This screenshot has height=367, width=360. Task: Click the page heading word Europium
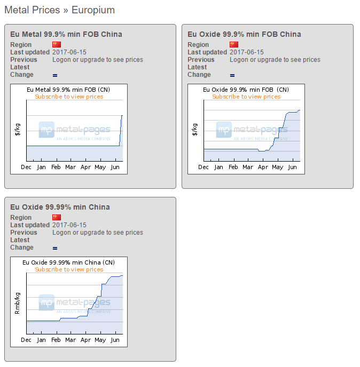coord(93,10)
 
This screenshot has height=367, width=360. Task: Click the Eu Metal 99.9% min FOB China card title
coord(66,34)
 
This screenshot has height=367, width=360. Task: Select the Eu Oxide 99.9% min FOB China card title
coord(244,34)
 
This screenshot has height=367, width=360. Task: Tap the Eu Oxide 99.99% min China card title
coord(60,207)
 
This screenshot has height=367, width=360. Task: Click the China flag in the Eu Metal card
coord(57,44)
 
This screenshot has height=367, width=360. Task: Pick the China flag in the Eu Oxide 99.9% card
coord(234,44)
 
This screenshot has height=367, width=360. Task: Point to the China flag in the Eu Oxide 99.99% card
coord(57,217)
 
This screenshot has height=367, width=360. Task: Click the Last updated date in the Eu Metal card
coord(69,52)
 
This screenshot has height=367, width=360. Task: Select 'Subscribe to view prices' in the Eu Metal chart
coord(69,97)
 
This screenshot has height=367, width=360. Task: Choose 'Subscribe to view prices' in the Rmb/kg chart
coord(69,269)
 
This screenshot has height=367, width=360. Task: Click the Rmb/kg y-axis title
coord(17,303)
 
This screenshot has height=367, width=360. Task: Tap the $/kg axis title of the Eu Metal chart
coord(17,129)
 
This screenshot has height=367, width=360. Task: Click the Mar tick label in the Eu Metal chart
coord(71,167)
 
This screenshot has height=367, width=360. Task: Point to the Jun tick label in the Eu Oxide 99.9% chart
coord(292,167)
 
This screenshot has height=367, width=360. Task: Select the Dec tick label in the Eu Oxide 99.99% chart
coord(26,340)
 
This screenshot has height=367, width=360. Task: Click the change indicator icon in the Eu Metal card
coord(55,75)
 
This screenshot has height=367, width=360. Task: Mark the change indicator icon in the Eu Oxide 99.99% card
coord(55,248)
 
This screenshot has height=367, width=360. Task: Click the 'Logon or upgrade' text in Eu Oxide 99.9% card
coord(275,60)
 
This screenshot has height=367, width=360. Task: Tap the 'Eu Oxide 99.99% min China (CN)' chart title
coord(68,262)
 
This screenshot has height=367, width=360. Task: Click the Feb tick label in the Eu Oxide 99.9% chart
coord(233,167)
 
